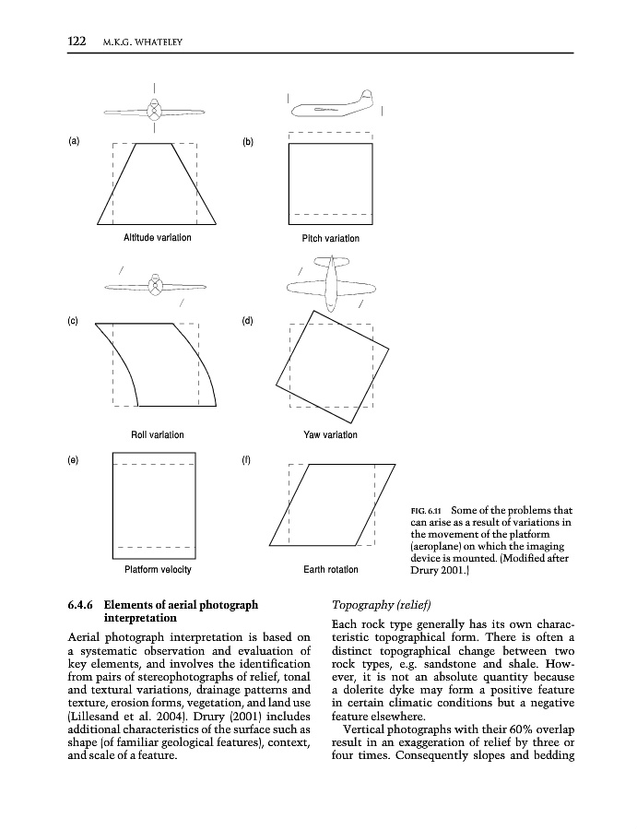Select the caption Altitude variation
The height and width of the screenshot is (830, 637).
[x=157, y=238]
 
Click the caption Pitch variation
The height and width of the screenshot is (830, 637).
[x=330, y=239]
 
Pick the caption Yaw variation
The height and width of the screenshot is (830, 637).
[x=330, y=435]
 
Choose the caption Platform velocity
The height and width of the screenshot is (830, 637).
[x=157, y=569]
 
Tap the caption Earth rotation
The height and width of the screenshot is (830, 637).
[x=330, y=569]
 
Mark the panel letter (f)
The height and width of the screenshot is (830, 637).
[x=246, y=458]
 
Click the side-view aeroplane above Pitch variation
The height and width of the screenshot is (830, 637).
[x=333, y=107]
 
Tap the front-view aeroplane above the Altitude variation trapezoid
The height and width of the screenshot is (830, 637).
[x=155, y=111]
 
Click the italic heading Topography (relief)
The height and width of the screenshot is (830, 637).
[x=378, y=606]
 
